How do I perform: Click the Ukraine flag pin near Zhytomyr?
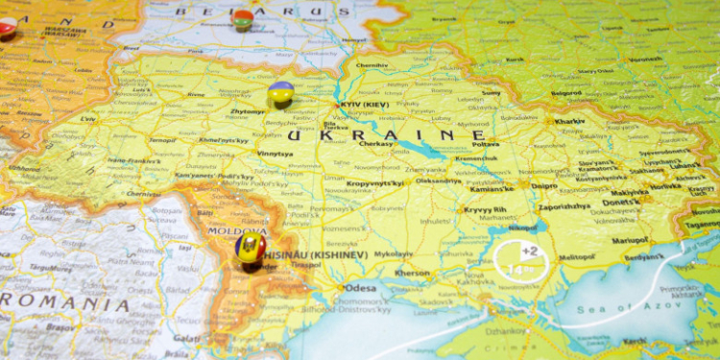coord(280,92)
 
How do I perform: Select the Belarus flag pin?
coord(243,18)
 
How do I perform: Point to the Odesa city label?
coord(361,287)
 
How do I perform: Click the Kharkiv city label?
coord(569,122)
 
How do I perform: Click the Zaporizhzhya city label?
coord(564,205)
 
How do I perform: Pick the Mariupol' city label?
coord(631,240)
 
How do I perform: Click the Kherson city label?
coord(413,273)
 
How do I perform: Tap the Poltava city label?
coord(486,144)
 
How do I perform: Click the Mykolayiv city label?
coord(393,253)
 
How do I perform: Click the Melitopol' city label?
coord(577,257)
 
